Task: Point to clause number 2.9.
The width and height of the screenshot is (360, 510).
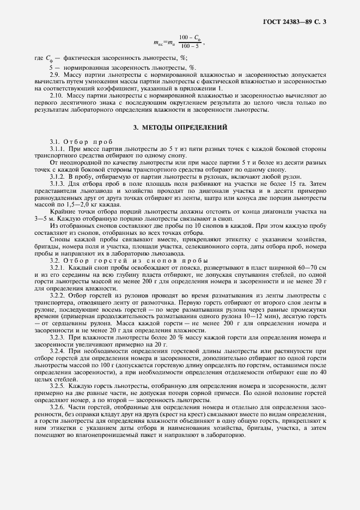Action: (x=55, y=74)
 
